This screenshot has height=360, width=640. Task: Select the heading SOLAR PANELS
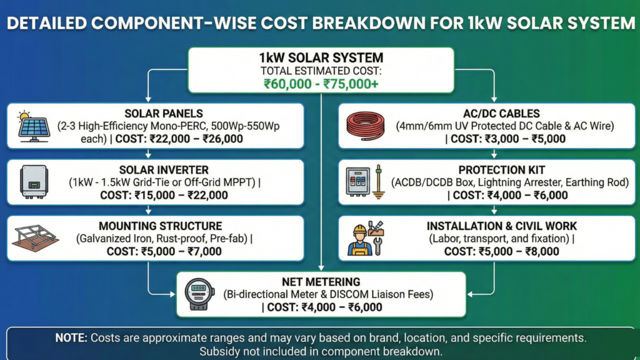click(163, 113)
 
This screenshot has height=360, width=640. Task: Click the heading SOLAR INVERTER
click(164, 169)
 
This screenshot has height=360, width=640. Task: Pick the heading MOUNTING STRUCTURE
click(164, 226)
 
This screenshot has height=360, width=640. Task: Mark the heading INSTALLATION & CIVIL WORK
click(502, 226)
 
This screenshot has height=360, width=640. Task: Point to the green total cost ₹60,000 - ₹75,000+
click(321, 84)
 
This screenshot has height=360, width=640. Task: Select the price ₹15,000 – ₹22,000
click(182, 195)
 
